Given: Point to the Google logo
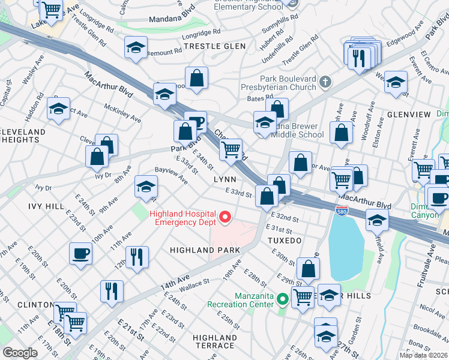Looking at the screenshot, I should [20, 352].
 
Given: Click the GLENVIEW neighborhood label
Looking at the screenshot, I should [409, 115].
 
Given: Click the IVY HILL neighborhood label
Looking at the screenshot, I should [46, 206].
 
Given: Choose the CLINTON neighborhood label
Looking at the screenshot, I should [37, 305].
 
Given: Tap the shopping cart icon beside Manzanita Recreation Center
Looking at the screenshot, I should [303, 296].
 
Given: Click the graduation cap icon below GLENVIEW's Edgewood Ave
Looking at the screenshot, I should [396, 83].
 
